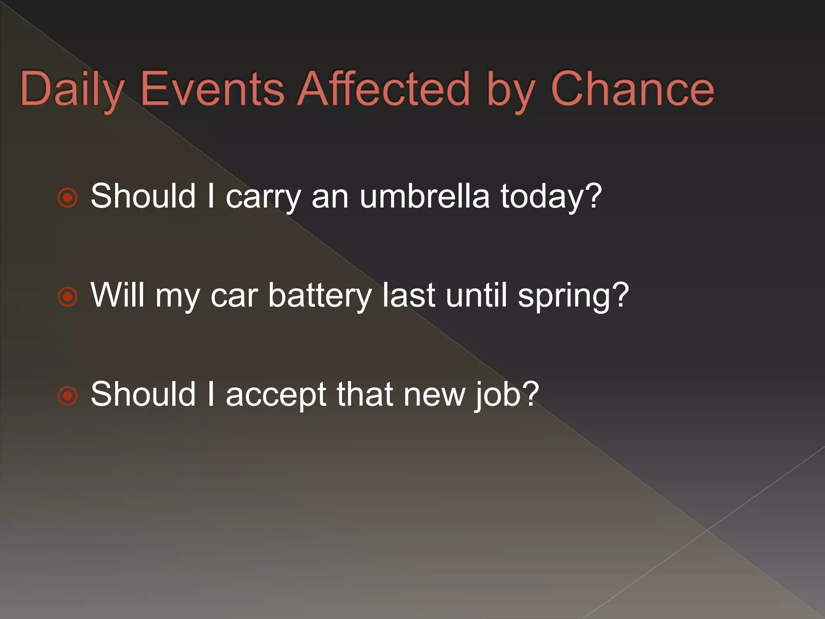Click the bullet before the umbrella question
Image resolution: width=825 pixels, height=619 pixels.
pyautogui.click(x=67, y=197)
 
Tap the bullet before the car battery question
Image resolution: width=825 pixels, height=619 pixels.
pyautogui.click(x=67, y=297)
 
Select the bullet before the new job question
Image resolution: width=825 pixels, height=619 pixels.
pyautogui.click(x=67, y=395)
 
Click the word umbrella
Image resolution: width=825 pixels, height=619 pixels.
pyautogui.click(x=425, y=196)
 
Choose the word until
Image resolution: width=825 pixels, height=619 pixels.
pyautogui.click(x=476, y=295)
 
